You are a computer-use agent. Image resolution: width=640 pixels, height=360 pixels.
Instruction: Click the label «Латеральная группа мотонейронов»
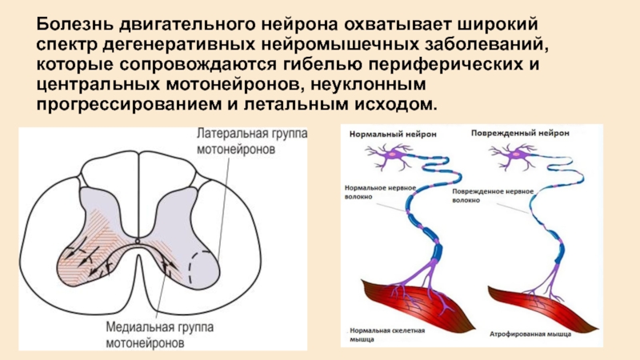coord(250,141)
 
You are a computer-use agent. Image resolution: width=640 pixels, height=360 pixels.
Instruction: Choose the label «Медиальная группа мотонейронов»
coord(158,334)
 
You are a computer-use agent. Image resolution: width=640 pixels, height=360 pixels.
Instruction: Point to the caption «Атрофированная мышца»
coord(524,330)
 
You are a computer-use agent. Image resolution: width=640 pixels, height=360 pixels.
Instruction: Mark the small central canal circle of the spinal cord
coord(138,240)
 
